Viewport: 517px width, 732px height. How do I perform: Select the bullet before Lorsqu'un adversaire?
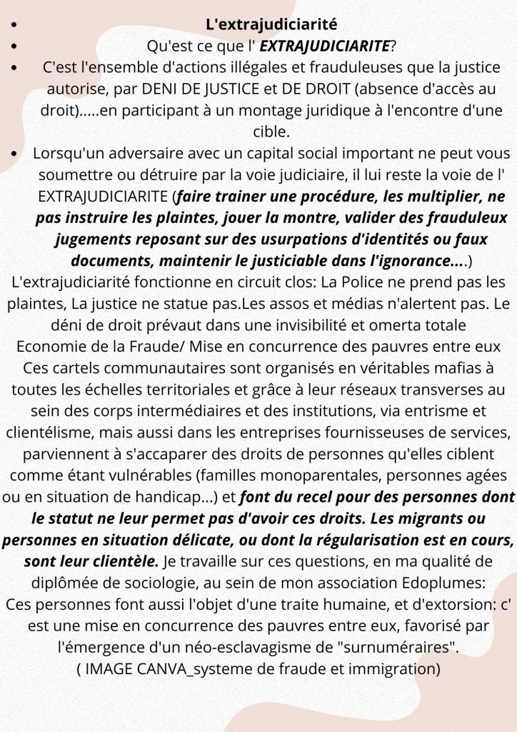pyautogui.click(x=16, y=154)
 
